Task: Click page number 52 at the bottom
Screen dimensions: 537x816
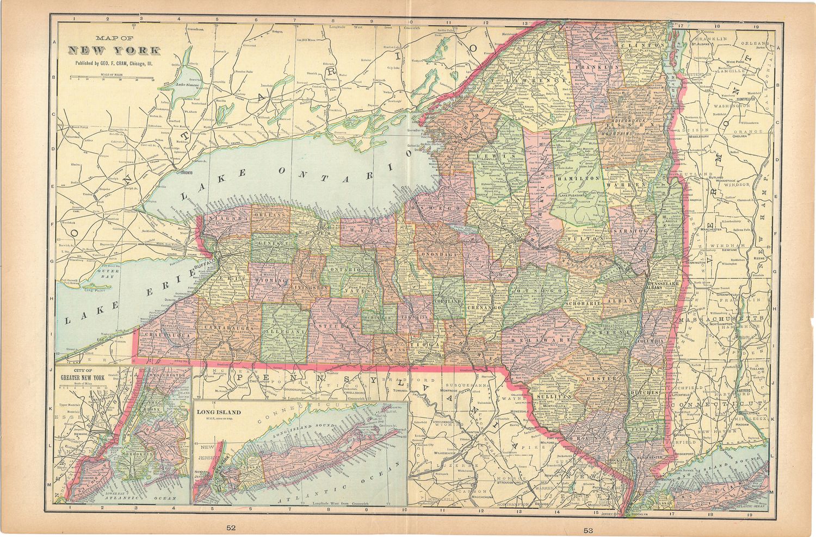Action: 232,528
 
